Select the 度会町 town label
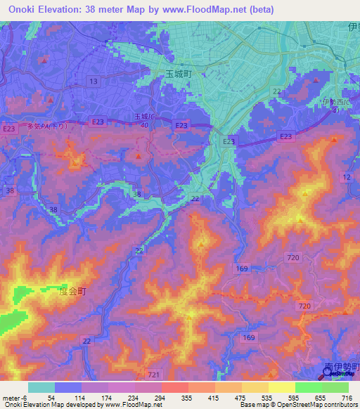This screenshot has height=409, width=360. pos(72,291)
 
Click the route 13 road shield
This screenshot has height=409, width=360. pos(93,82)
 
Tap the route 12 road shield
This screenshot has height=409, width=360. pos(347,178)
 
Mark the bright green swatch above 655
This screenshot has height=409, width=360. pos(308,387)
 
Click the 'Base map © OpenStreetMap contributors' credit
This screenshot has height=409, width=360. pos(295,405)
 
